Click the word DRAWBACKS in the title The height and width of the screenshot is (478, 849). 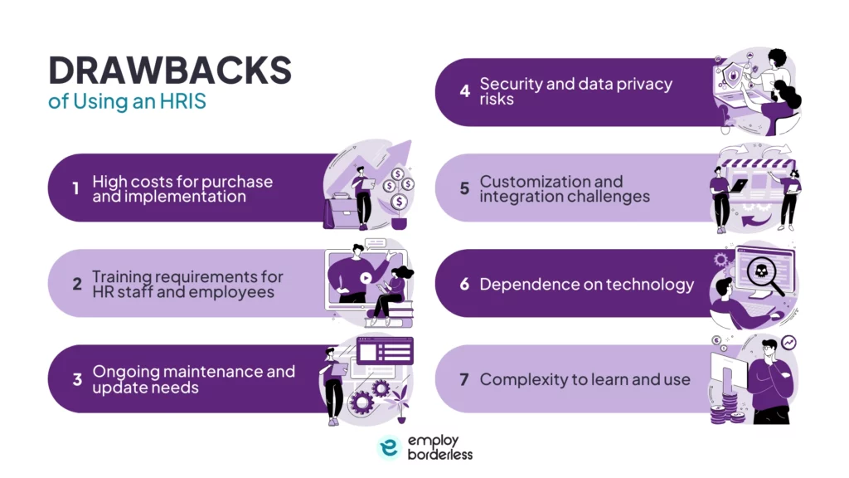[170, 71]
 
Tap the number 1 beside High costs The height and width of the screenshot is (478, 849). [75, 189]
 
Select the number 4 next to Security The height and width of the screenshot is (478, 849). [464, 91]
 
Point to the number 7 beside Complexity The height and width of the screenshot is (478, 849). [464, 380]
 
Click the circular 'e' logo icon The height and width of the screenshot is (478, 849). [389, 447]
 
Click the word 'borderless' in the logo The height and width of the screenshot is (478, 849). [440, 455]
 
